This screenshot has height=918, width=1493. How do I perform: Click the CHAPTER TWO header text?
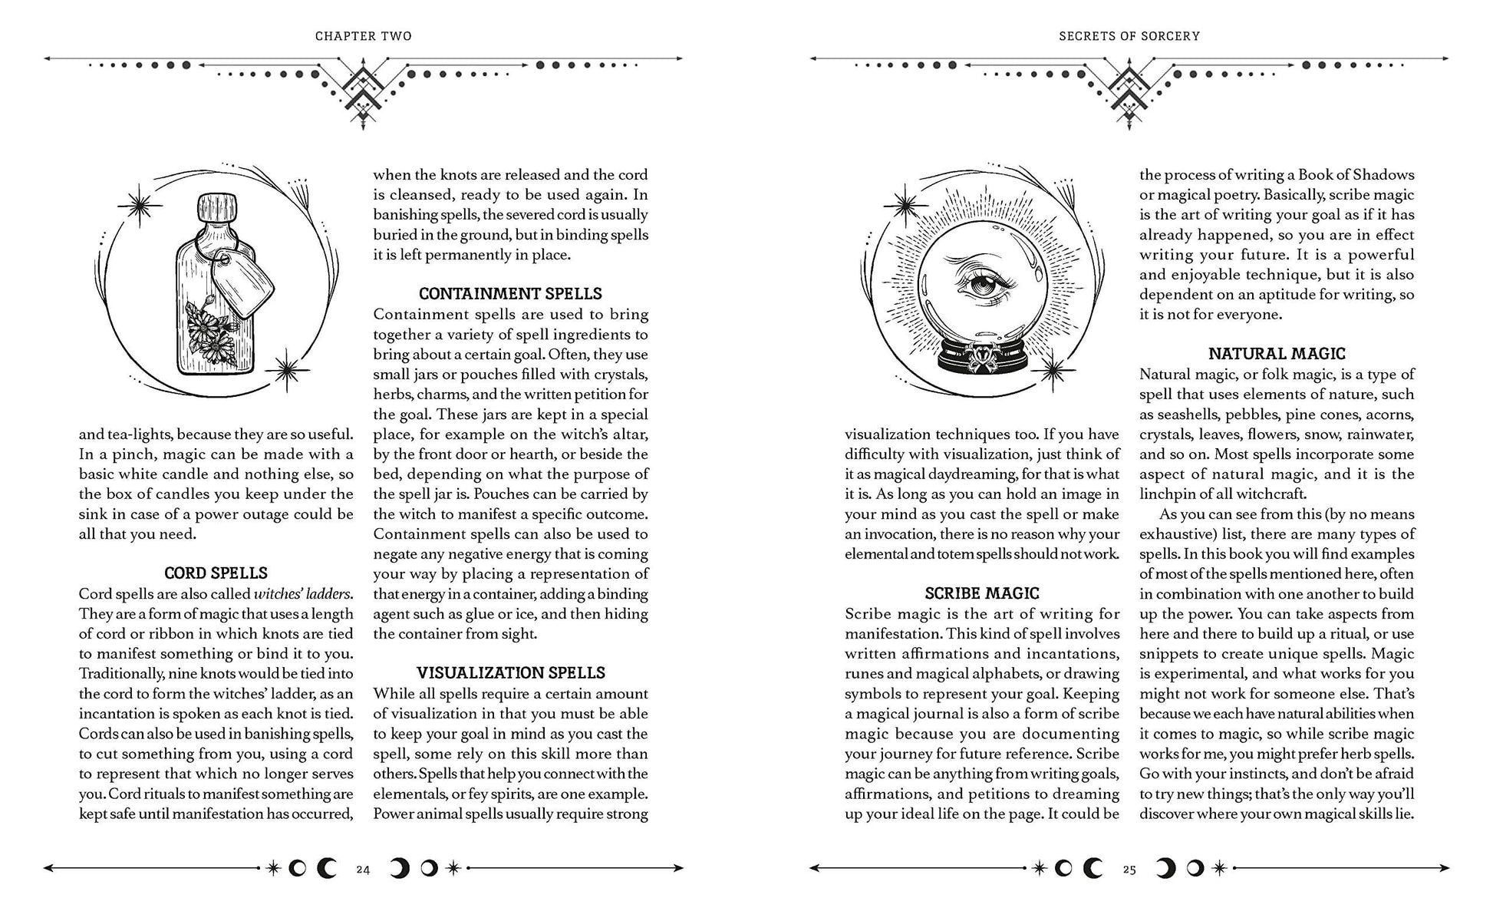coord(363,36)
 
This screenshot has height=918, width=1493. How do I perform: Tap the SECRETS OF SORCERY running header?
coord(1129,36)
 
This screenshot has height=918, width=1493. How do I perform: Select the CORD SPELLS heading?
coord(216,573)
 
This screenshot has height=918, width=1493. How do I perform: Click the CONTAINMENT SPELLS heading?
coord(510,294)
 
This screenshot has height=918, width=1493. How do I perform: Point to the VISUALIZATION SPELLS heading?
coord(510,673)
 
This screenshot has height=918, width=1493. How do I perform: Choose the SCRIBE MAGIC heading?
coord(981,593)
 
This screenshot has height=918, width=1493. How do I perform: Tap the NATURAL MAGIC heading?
coord(1277,354)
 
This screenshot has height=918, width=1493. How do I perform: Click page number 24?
coord(363,870)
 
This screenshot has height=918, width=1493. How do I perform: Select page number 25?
coord(1129,870)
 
